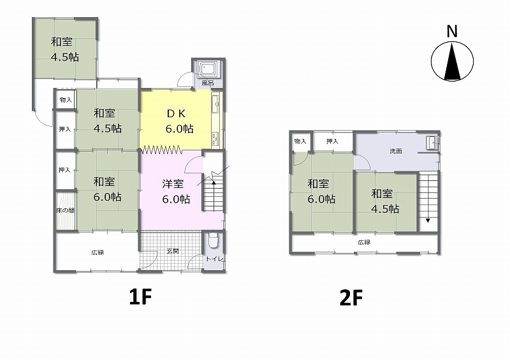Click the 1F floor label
(140, 296)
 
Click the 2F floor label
(351, 298)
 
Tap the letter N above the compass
(452, 32)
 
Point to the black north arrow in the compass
(452, 62)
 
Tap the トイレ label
(214, 259)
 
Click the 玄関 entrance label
(173, 251)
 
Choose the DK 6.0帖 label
(180, 121)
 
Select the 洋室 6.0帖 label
(176, 191)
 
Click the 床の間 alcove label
(65, 210)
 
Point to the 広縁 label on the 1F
(98, 252)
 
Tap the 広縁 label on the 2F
(364, 242)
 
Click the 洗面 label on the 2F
(396, 151)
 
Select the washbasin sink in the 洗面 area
(432, 143)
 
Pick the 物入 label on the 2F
(300, 141)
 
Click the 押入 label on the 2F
(332, 141)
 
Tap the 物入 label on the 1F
(66, 100)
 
